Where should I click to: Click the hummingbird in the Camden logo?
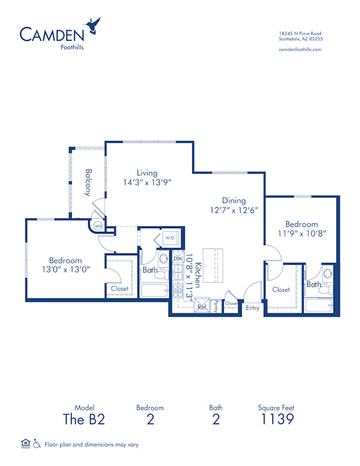[93, 25]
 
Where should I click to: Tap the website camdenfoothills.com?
[301, 49]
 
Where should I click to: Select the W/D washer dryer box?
[170, 238]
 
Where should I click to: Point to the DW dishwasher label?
[178, 259]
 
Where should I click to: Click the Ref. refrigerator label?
[202, 306]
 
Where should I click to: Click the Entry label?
[253, 307]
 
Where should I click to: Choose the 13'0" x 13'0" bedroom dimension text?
[65, 270]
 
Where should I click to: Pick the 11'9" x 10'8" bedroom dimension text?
[302, 234]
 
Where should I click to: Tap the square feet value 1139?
[277, 419]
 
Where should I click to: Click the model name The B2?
[85, 419]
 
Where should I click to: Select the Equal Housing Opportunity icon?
[25, 444]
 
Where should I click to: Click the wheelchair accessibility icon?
[37, 444]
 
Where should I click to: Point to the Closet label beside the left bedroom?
[120, 289]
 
